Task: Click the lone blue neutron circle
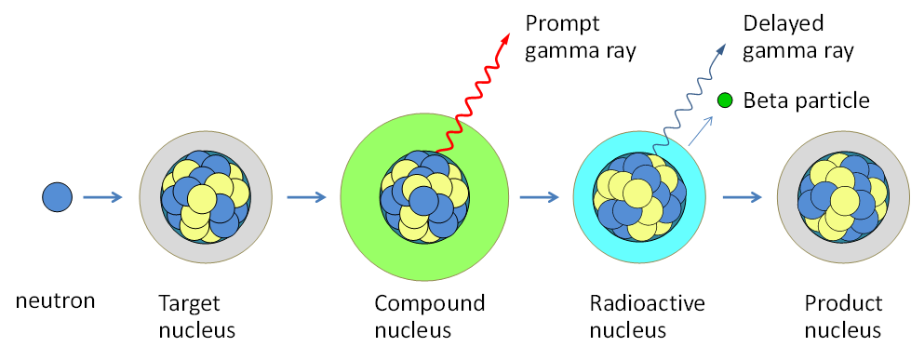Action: pyautogui.click(x=57, y=196)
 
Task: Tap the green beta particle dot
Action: pyautogui.click(x=724, y=100)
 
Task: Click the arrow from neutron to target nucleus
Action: pyautogui.click(x=101, y=197)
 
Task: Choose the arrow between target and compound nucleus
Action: pyautogui.click(x=306, y=197)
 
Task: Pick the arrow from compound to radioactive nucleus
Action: pyautogui.click(x=538, y=197)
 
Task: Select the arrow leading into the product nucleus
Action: pyautogui.click(x=743, y=197)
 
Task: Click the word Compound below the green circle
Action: pyautogui.click(x=430, y=304)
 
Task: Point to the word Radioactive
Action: pyautogui.click(x=648, y=303)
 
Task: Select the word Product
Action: pyautogui.click(x=842, y=303)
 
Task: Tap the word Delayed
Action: pyautogui.click(x=784, y=23)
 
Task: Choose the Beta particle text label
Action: pyautogui.click(x=807, y=100)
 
